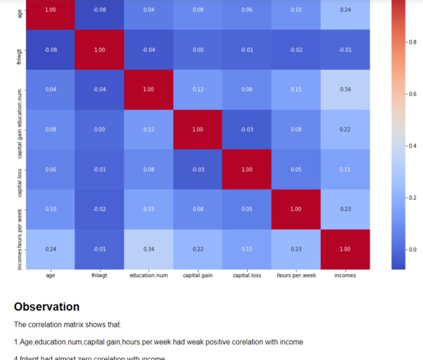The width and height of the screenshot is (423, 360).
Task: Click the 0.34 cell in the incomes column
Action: coord(345,89)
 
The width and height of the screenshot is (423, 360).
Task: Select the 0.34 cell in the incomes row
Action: coord(149,249)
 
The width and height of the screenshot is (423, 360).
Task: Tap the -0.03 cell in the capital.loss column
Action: coord(247,129)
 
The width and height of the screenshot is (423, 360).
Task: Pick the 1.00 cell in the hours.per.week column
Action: coord(296,209)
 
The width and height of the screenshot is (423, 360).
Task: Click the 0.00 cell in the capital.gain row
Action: coord(99,129)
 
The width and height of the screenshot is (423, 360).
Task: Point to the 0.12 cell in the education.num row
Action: coord(198,89)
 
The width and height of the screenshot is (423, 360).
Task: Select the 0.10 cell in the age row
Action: coord(296,10)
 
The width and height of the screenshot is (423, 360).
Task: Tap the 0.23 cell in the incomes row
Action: coord(296,249)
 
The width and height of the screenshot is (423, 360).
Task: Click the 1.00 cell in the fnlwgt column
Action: coord(99,50)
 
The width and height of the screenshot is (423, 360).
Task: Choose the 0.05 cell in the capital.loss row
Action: coord(296,169)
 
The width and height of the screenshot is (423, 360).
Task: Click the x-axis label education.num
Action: coord(149,275)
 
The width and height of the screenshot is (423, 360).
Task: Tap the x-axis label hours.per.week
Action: coord(296,275)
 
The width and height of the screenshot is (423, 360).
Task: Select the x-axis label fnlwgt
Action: coord(99,275)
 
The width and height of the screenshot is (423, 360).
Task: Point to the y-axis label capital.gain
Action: coord(19,130)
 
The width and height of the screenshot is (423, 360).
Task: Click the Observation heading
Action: coord(46,307)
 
